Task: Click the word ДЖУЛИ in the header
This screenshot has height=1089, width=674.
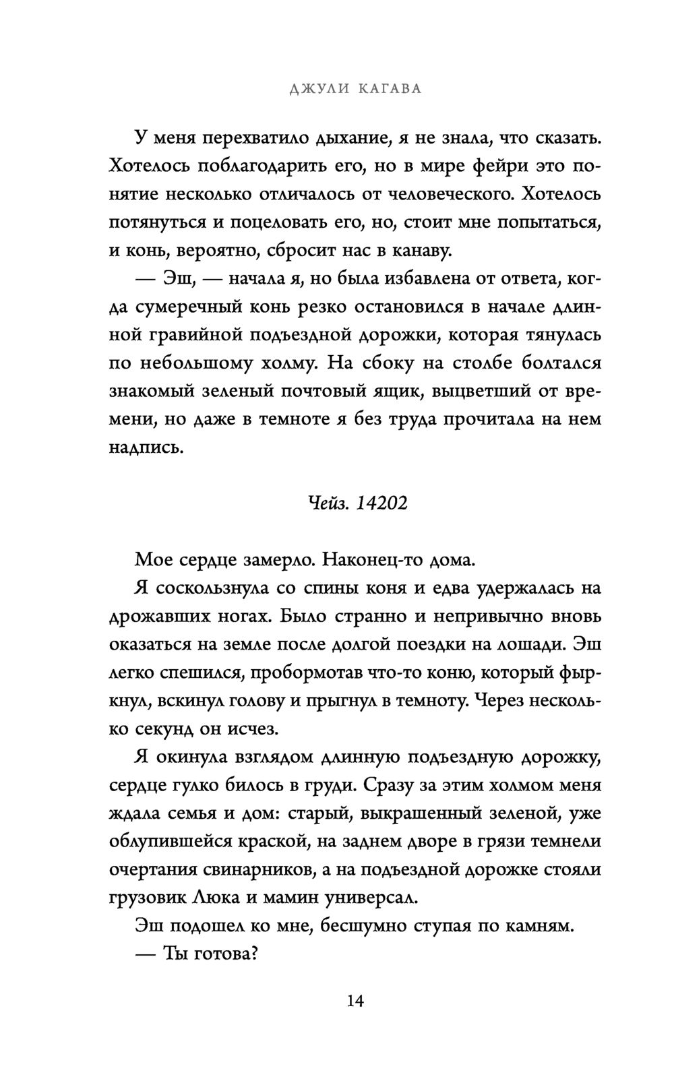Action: tap(315, 90)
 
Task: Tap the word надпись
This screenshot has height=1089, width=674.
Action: tap(146, 447)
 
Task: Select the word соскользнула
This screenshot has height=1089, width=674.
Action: tap(212, 588)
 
